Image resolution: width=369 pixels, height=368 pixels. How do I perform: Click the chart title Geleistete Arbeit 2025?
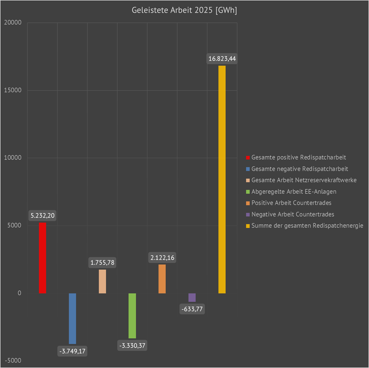click(184, 11)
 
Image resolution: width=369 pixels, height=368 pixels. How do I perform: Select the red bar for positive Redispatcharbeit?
click(42, 258)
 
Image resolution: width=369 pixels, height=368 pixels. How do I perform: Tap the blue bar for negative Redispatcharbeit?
click(72, 318)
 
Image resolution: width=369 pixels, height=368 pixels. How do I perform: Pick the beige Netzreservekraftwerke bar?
click(102, 281)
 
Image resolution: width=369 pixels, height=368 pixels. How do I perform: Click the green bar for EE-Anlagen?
click(132, 316)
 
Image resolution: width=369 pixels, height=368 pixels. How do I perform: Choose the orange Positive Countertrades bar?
click(162, 279)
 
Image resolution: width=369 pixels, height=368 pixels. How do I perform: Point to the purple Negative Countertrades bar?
click(192, 297)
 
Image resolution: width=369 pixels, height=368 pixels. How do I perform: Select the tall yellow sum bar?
click(222, 179)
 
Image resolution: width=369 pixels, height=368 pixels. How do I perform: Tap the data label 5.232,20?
click(42, 216)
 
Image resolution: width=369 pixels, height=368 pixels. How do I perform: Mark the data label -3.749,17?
click(72, 352)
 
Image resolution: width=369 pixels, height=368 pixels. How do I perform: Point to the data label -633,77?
click(192, 308)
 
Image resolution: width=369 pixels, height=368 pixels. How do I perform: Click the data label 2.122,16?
click(162, 258)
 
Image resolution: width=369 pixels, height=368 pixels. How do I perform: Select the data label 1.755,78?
click(102, 263)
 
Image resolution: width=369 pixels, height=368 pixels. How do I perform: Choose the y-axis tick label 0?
click(19, 293)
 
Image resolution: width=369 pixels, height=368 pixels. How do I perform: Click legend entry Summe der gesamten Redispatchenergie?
click(307, 226)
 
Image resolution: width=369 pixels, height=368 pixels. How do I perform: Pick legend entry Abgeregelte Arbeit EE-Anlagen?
click(294, 191)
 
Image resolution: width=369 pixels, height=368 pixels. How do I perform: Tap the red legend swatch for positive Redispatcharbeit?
click(248, 157)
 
